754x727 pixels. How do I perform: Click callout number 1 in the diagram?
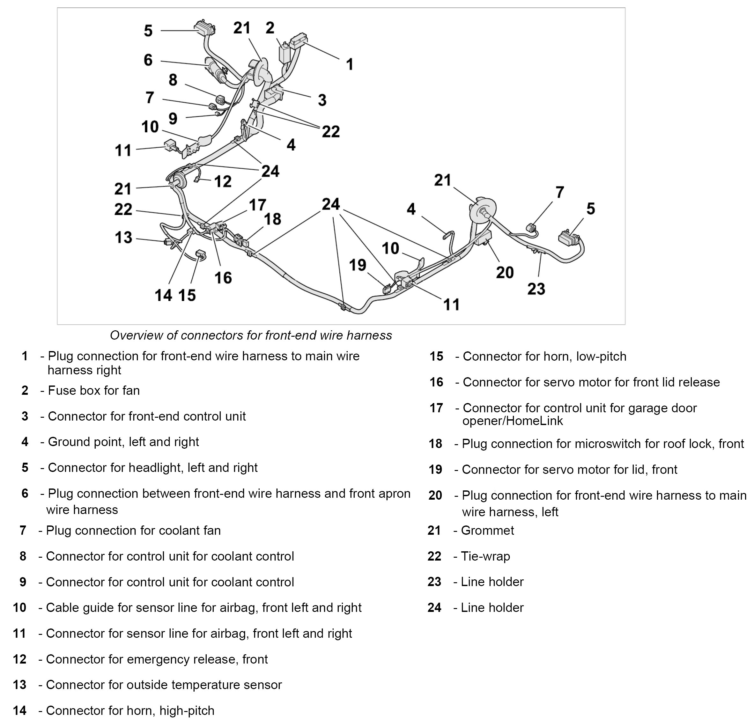[x=349, y=64]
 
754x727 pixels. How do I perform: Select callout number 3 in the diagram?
[x=322, y=100]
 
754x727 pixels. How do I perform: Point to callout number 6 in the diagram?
[x=148, y=60]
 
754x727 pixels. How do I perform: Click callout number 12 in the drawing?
[x=223, y=181]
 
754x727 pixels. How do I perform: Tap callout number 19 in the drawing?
[x=357, y=265]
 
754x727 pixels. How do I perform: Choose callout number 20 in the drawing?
[x=505, y=273]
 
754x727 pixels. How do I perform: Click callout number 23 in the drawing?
[x=536, y=289]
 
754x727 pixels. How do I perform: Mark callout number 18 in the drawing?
[x=272, y=219]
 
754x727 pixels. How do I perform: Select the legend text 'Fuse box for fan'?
[x=93, y=390]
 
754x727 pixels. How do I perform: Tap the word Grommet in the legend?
[x=487, y=531]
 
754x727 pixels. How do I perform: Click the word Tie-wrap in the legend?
[x=485, y=556]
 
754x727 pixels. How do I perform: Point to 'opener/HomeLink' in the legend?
[x=513, y=421]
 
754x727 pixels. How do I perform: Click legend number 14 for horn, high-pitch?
[x=20, y=710]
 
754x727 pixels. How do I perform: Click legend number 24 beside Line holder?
[x=434, y=607]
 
